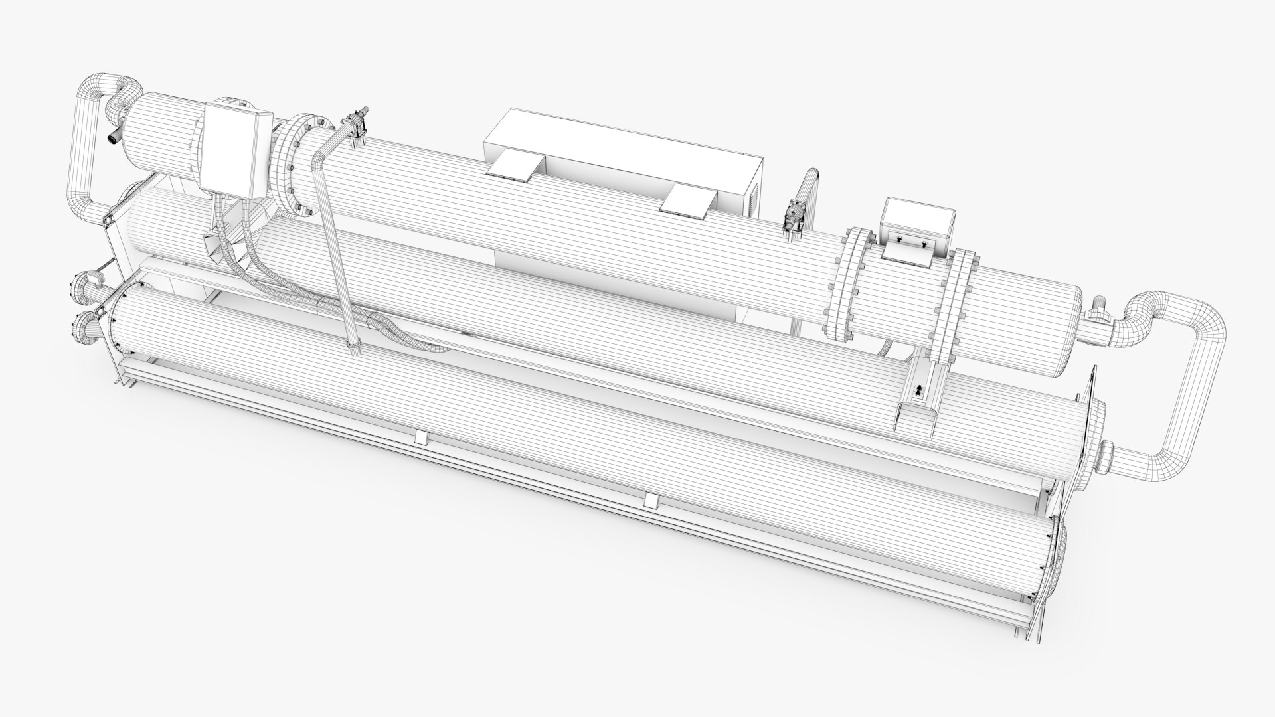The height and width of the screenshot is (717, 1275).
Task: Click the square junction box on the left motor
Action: [235, 151]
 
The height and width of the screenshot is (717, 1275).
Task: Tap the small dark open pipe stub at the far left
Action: [115, 135]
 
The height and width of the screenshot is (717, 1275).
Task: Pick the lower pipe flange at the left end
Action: [84, 325]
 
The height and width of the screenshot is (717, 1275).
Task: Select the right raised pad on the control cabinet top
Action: [691, 199]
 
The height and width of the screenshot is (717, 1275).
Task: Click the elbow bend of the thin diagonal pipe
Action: [319, 159]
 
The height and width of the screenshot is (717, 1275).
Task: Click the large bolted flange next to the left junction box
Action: [292, 166]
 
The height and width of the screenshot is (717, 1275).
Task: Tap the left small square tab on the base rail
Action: [420, 437]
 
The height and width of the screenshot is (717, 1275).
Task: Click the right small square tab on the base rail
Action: [650, 501]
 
